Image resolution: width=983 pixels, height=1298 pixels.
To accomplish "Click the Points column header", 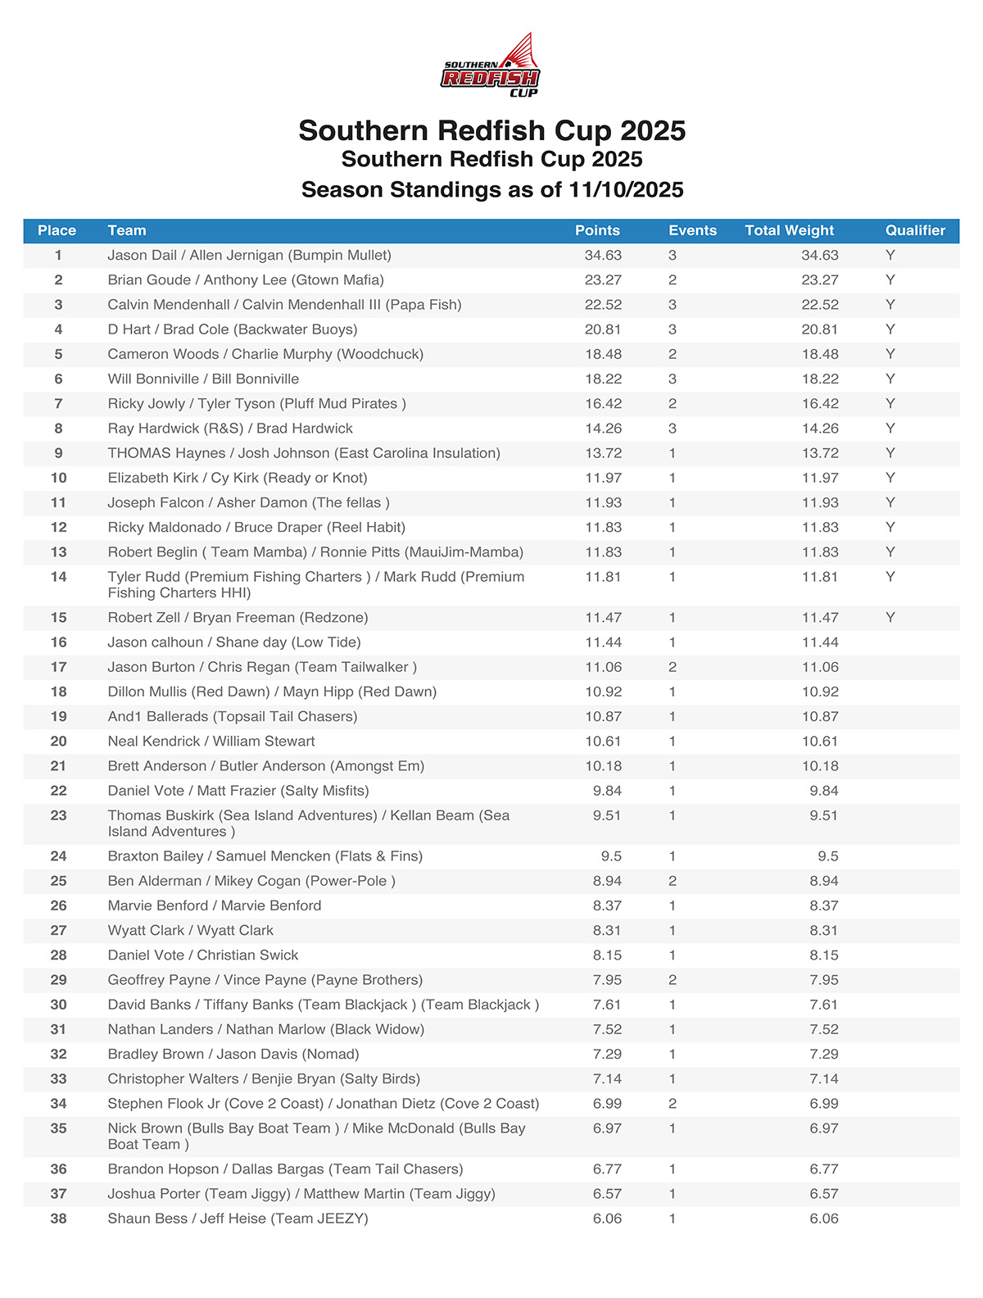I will pyautogui.click(x=597, y=230).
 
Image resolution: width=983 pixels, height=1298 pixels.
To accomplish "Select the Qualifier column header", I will pyautogui.click(x=915, y=230).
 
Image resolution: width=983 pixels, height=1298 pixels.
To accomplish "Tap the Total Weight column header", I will pyautogui.click(x=789, y=230).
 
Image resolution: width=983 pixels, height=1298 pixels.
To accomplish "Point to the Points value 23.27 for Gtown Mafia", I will pyautogui.click(x=603, y=280).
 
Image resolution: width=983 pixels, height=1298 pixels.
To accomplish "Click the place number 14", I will pyautogui.click(x=58, y=577).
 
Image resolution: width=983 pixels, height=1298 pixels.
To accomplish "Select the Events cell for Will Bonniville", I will pyautogui.click(x=673, y=379).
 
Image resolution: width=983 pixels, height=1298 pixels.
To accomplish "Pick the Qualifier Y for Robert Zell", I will pyautogui.click(x=890, y=618).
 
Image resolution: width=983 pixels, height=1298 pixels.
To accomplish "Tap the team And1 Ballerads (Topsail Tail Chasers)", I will pyautogui.click(x=233, y=717).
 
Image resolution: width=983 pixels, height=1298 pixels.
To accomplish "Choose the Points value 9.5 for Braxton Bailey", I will pyautogui.click(x=611, y=856).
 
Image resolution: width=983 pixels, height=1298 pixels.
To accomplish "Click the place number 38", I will pyautogui.click(x=58, y=1219).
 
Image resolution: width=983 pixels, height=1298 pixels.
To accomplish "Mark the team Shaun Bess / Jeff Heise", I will pyautogui.click(x=238, y=1219).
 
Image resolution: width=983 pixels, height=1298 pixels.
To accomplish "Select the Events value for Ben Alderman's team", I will pyautogui.click(x=673, y=881).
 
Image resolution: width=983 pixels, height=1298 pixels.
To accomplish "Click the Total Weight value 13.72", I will pyautogui.click(x=820, y=453).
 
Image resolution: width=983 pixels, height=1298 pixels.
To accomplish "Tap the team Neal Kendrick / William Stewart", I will pyautogui.click(x=211, y=742).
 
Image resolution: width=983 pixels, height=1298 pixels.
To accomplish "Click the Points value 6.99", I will pyautogui.click(x=607, y=1104).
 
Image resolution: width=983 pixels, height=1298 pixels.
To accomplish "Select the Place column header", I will pyautogui.click(x=57, y=230).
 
